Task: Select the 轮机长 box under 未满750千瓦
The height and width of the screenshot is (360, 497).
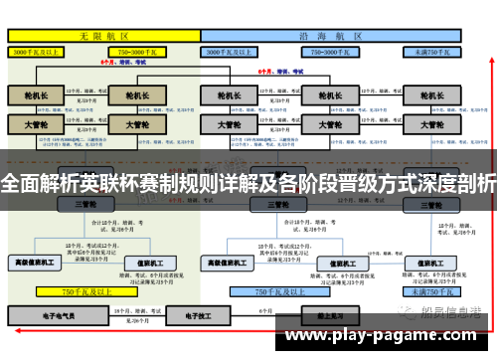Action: tap(430, 96)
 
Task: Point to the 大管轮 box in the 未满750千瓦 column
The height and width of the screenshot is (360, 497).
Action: tap(430, 126)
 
